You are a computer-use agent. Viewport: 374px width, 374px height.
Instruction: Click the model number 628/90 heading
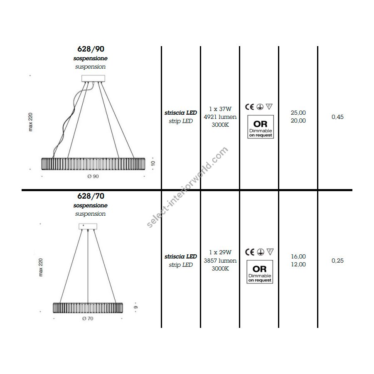(x=91, y=49)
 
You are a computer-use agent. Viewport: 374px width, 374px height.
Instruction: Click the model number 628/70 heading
(x=91, y=196)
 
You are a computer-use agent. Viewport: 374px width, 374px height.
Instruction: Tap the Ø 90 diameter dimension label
(x=93, y=176)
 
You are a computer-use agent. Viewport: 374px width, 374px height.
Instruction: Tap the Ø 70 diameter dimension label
(x=88, y=318)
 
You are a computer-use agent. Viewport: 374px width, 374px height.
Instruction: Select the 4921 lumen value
(x=220, y=117)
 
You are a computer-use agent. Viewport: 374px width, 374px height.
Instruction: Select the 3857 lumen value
(x=220, y=261)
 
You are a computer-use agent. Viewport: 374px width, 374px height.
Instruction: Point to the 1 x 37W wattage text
(x=220, y=109)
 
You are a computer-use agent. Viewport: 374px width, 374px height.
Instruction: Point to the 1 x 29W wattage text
(x=220, y=252)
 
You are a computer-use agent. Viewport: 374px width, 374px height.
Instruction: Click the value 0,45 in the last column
(x=337, y=117)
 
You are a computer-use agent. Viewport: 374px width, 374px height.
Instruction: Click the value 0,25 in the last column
(x=337, y=261)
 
